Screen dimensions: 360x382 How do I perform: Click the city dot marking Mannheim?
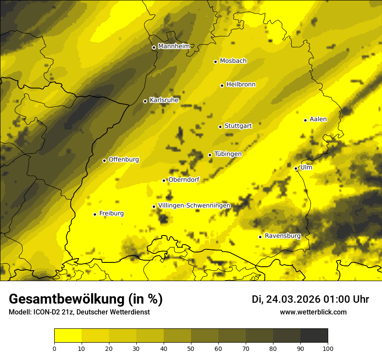click(x=154, y=48)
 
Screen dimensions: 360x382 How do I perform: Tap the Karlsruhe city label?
click(x=164, y=100)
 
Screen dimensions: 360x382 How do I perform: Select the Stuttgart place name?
click(x=238, y=126)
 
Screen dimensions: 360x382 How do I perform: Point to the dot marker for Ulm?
click(x=296, y=168)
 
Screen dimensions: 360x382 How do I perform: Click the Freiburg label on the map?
click(x=111, y=213)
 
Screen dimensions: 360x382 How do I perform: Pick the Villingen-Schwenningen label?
click(x=194, y=206)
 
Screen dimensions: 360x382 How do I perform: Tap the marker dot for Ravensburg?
click(x=260, y=237)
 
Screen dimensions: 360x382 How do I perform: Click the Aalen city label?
click(x=318, y=119)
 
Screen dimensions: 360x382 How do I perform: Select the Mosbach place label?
click(x=233, y=61)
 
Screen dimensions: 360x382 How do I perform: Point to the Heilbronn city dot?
click(x=222, y=85)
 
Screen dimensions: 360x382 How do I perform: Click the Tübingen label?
click(x=228, y=154)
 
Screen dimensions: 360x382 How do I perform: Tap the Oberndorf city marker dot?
click(x=164, y=180)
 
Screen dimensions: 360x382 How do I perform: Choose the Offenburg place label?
click(x=124, y=160)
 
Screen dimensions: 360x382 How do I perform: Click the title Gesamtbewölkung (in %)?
click(x=86, y=299)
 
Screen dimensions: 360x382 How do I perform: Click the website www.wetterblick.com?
click(x=313, y=312)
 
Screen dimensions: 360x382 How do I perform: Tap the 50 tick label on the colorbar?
click(x=191, y=348)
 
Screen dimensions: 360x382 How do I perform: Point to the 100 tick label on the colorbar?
click(x=327, y=348)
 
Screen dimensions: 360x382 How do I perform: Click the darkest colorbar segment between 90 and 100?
click(x=314, y=335)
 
